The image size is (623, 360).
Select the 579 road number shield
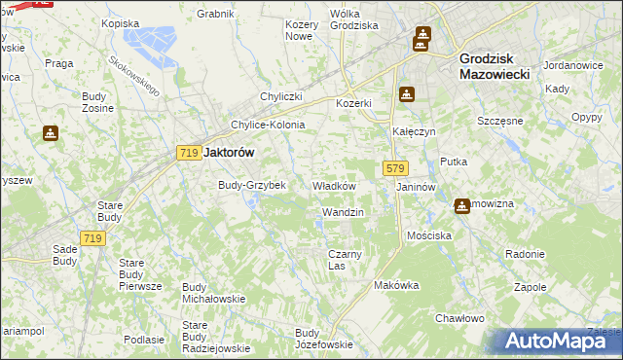395,168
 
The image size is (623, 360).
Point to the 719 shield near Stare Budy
93,239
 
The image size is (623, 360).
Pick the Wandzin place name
343,212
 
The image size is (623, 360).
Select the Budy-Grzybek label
251,185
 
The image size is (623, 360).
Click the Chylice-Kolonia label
268,125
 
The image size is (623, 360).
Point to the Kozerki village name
354,103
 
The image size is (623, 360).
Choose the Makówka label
396,286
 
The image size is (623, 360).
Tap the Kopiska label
121,22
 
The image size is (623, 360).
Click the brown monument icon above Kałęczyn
407,95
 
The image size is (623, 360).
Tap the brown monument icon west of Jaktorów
50,133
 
